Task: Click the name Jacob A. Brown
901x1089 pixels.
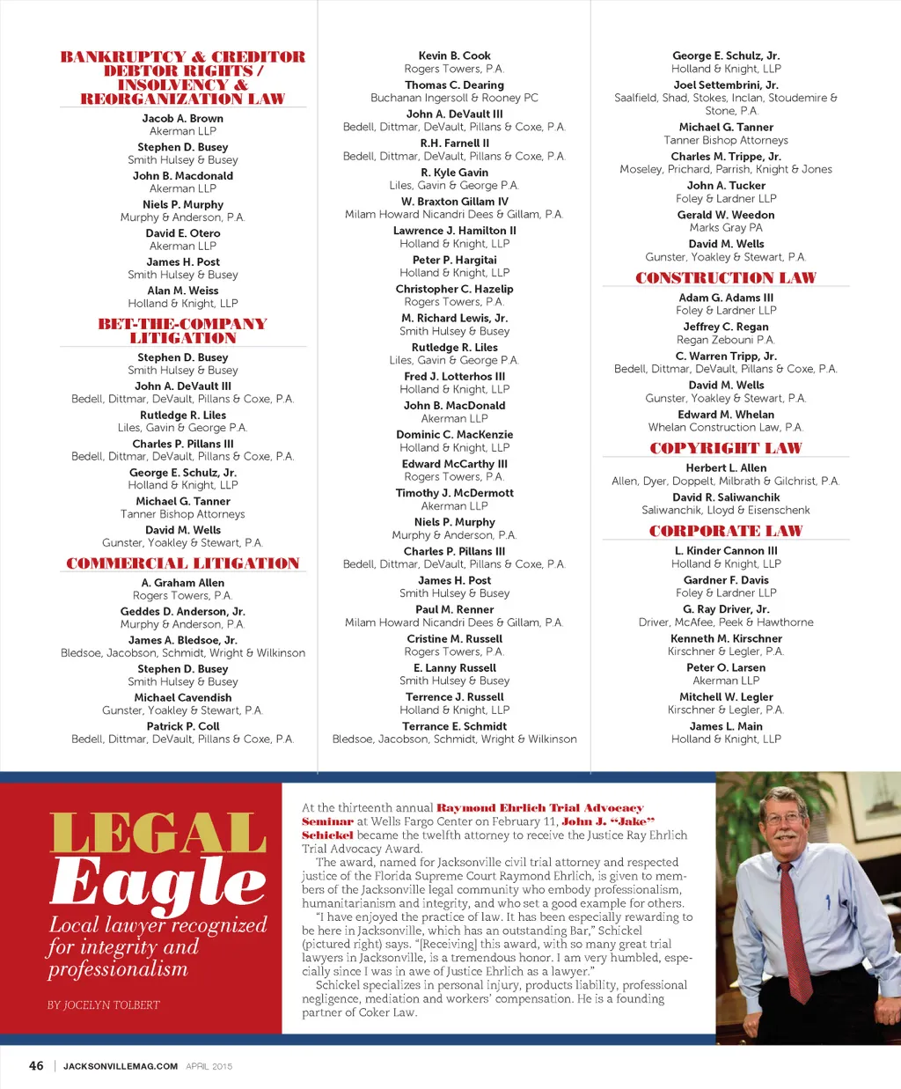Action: point(182,118)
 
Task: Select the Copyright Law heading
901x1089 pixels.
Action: point(725,448)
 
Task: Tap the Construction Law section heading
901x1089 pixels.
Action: point(725,278)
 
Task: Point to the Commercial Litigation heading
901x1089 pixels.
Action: point(182,563)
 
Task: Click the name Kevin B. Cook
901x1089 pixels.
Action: point(454,55)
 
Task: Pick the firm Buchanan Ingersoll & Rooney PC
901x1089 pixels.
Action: point(454,98)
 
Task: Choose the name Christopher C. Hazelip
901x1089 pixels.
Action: point(454,289)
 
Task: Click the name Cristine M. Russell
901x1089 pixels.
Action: point(454,638)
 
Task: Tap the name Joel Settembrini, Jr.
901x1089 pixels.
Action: point(725,85)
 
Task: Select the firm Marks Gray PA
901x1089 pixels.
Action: point(725,227)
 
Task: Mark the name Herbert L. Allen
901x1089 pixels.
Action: point(725,467)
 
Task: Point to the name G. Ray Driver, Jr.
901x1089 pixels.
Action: point(725,609)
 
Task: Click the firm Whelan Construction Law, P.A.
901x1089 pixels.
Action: point(725,427)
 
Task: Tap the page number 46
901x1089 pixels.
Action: point(36,1065)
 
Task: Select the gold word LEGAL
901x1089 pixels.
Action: point(158,832)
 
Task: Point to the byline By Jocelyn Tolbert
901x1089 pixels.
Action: point(104,1004)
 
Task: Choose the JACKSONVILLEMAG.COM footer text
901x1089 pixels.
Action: point(121,1066)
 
